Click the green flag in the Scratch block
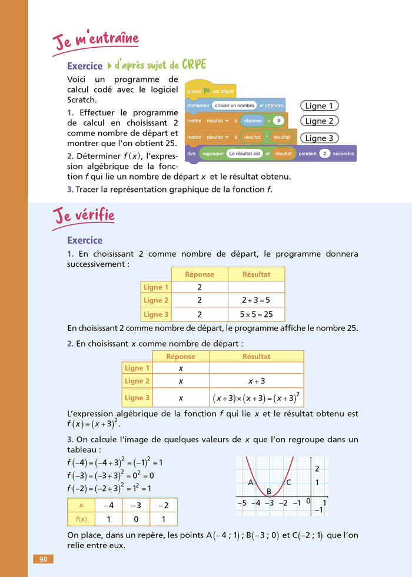click(207, 91)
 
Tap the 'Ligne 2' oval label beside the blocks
click(320, 121)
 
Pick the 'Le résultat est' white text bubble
click(244, 153)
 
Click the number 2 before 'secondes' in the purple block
click(324, 153)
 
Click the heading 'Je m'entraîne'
click(96, 42)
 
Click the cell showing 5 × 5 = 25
click(256, 314)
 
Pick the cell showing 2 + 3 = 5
click(256, 301)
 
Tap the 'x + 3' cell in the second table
click(256, 382)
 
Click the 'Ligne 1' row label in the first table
click(156, 287)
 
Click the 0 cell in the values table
click(135, 519)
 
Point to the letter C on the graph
click(288, 483)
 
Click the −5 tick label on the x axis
click(241, 503)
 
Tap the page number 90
click(43, 559)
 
